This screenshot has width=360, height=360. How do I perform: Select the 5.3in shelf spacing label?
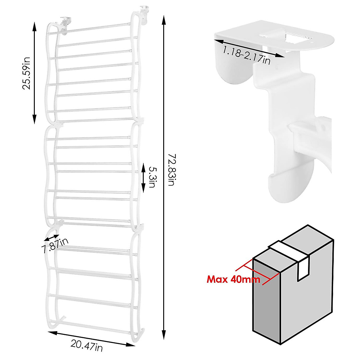pyautogui.click(x=151, y=178)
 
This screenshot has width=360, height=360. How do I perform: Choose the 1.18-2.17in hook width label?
pyautogui.click(x=246, y=55)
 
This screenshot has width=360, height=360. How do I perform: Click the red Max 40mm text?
pyautogui.click(x=233, y=280)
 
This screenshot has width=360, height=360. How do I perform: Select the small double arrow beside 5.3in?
pyautogui.click(x=143, y=178)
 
